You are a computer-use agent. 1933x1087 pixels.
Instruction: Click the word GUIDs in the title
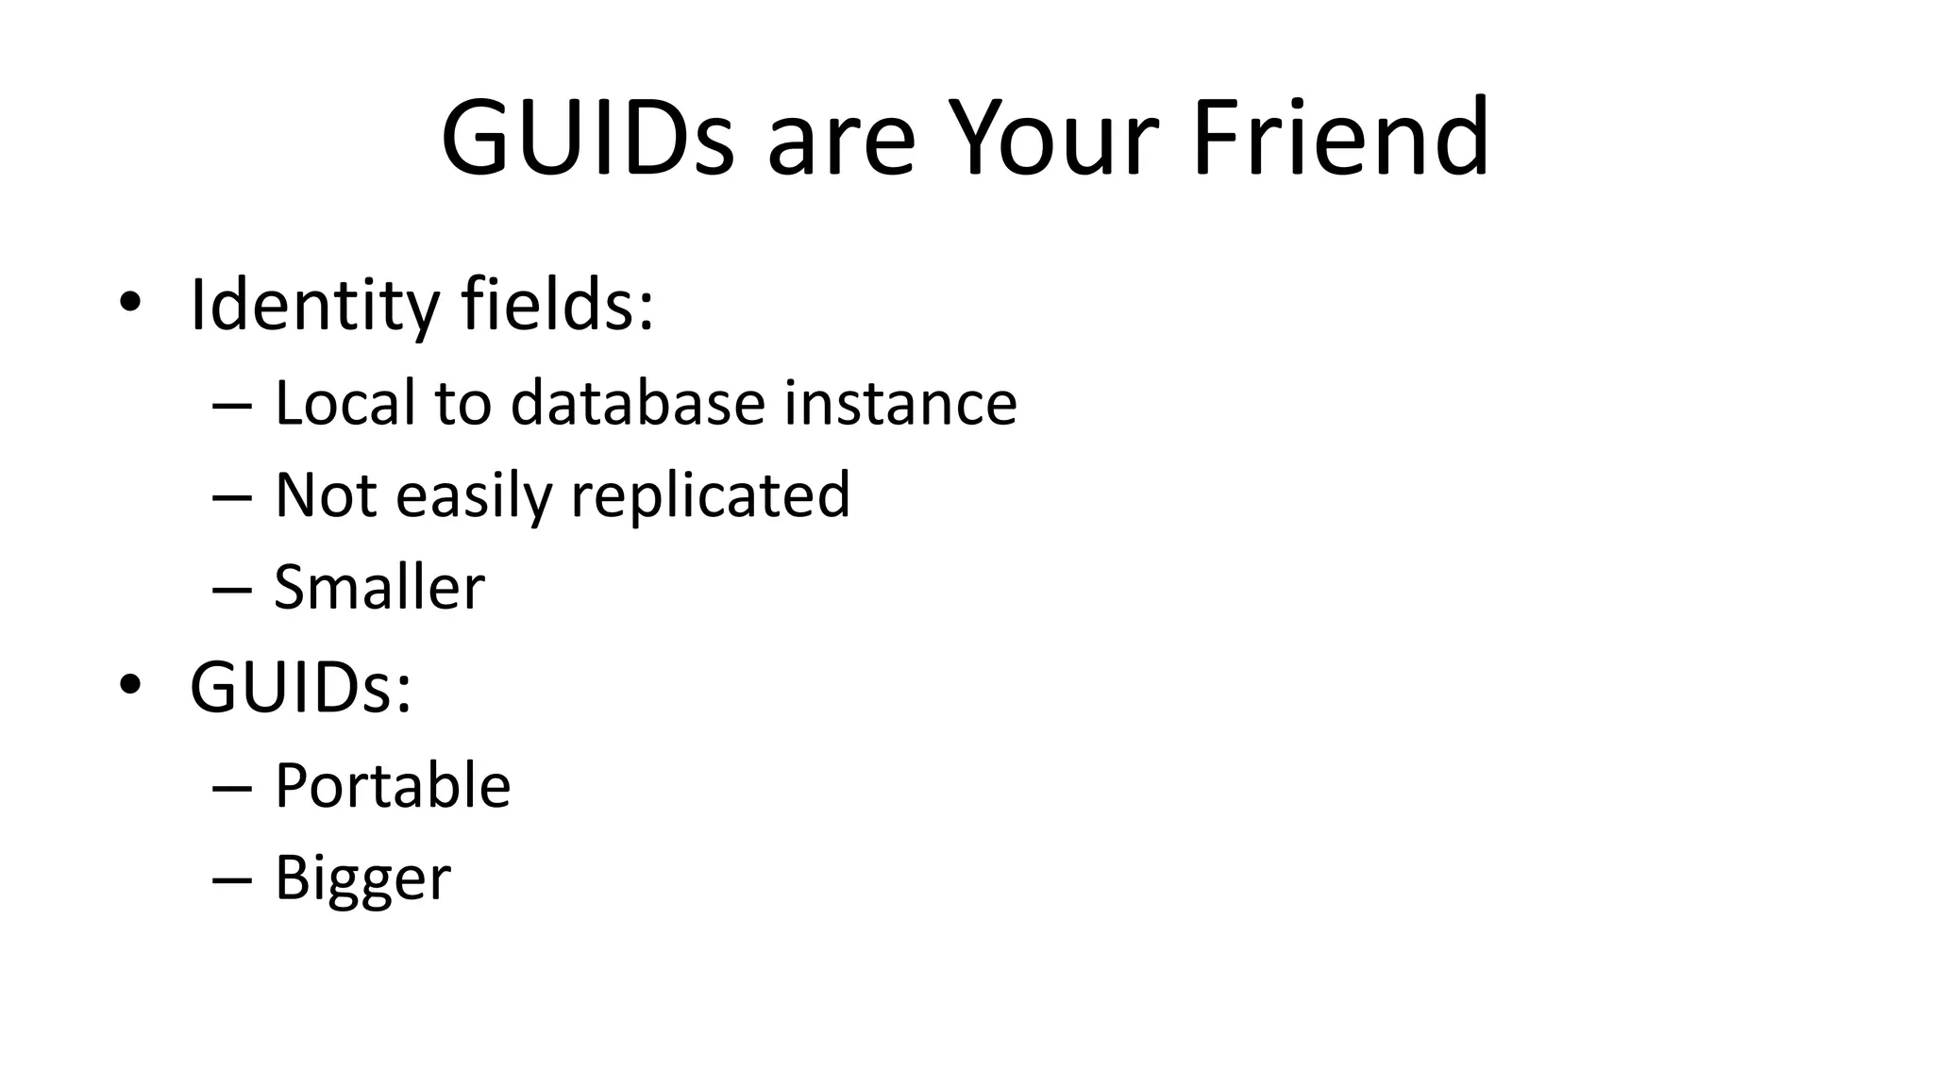coord(587,138)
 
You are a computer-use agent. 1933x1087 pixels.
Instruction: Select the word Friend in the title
coord(1340,138)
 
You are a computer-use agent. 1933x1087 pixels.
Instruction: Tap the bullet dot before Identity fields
coord(130,302)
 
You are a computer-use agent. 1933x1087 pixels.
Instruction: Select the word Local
coord(345,403)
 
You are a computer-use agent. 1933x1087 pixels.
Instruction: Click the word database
coord(637,403)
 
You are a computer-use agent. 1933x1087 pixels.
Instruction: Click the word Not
coord(327,495)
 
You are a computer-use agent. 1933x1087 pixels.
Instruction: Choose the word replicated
coord(711,495)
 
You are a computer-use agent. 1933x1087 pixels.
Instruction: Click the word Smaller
coord(379,587)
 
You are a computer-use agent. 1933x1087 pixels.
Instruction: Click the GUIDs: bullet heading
coord(300,687)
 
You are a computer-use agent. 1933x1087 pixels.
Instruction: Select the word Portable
coord(393,785)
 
